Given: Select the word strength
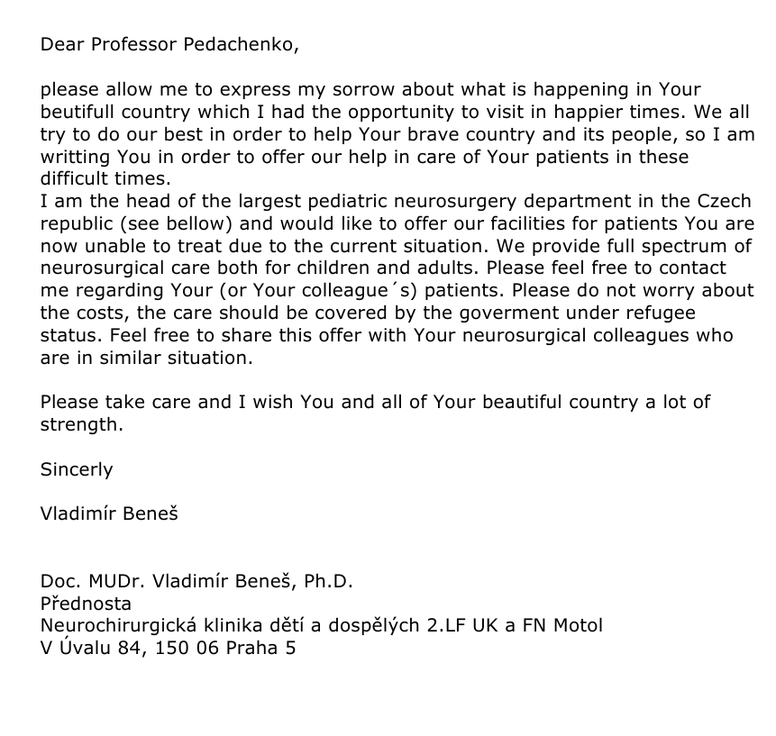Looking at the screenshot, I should click(x=81, y=424).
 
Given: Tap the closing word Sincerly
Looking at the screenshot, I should click(x=77, y=469).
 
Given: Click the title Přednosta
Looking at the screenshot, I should click(x=86, y=604).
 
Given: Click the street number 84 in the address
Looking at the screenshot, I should click(x=131, y=648).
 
